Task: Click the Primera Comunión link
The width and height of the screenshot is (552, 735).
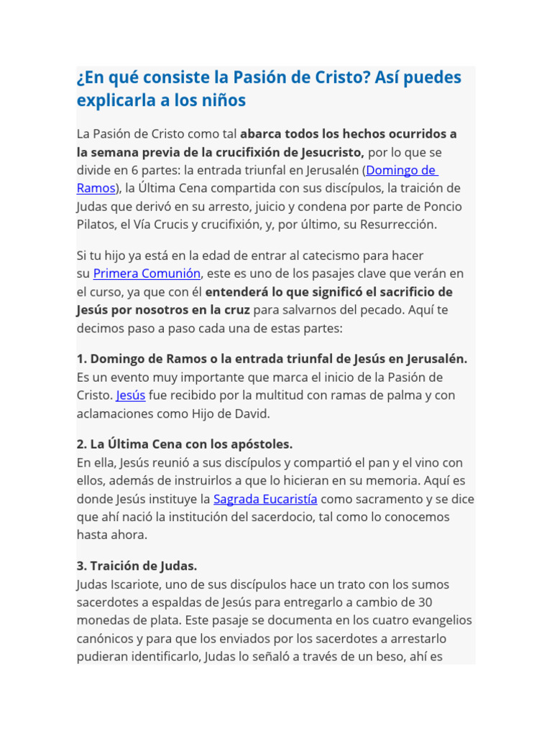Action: [x=147, y=273]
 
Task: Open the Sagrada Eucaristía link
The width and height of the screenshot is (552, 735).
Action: [x=265, y=499]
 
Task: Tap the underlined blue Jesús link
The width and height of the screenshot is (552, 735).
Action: [x=131, y=395]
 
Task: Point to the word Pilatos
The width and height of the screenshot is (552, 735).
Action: [x=98, y=224]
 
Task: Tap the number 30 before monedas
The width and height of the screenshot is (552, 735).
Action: [x=425, y=602]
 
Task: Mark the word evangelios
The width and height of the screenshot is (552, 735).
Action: [x=436, y=620]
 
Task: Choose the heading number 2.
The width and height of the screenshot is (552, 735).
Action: [x=80, y=444]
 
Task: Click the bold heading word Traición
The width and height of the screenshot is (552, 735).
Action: [x=113, y=566]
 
